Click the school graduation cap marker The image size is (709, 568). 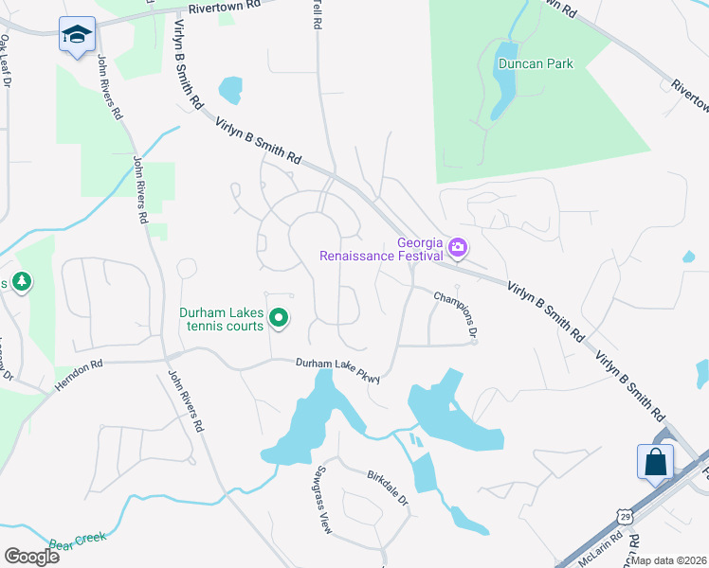coord(76,35)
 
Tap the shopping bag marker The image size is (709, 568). coord(656,463)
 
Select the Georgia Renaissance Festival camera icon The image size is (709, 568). coord(459,247)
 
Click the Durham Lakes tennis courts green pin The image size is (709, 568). coord(279,320)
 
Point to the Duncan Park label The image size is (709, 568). coord(535,64)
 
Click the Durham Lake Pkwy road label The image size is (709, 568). coord(337,369)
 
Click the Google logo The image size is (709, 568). coord(31,556)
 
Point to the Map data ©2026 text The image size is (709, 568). coord(669,560)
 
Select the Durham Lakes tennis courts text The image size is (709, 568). coord(223,320)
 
